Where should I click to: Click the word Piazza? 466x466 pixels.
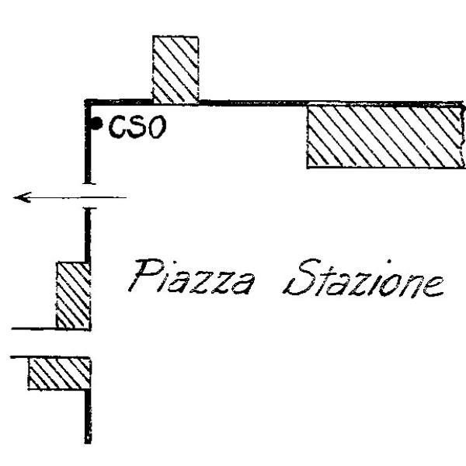click(191, 276)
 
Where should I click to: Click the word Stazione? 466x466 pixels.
click(363, 278)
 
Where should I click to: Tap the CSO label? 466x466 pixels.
click(137, 127)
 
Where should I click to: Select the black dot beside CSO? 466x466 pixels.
click(96, 123)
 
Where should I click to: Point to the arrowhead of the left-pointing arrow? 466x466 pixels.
click(22, 197)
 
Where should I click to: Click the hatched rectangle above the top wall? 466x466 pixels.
click(176, 70)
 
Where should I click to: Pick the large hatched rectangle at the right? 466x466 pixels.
click(386, 135)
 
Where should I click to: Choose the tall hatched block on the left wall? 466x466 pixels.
click(74, 295)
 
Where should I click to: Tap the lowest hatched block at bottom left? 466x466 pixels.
click(60, 374)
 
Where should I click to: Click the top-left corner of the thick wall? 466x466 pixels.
click(85, 100)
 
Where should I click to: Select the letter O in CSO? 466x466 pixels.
click(157, 127)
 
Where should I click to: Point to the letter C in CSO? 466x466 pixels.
click(117, 127)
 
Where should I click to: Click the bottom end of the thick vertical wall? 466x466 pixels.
click(88, 442)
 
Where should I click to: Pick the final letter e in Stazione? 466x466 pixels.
click(433, 286)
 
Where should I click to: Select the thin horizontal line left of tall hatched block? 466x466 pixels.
click(34, 329)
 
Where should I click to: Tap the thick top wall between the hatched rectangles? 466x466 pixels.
click(252, 103)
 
